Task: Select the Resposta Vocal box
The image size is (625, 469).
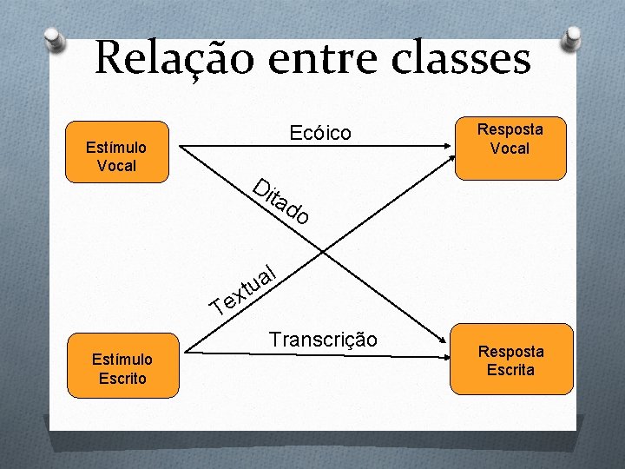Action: coord(510,139)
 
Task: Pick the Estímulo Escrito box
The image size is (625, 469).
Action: coord(122,367)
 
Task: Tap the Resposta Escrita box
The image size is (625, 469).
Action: coord(511,360)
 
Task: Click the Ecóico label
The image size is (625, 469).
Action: coord(320,133)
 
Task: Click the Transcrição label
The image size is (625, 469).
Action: coord(323,340)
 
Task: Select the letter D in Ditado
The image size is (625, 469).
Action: coord(260,185)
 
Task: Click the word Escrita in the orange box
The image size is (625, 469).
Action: coord(511,370)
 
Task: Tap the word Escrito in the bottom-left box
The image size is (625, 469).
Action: coord(122,378)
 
